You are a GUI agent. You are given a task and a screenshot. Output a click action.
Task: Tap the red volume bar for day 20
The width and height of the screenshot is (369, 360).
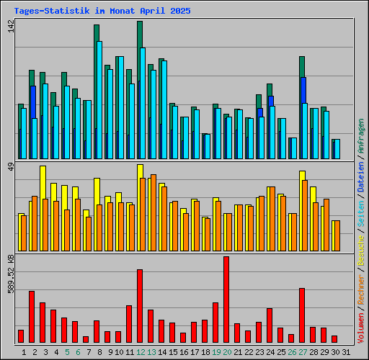tap(226, 299)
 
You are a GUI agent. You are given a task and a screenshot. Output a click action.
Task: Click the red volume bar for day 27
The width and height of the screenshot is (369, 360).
tap(302, 315)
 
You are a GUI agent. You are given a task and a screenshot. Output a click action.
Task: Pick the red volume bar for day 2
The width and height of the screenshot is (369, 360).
tap(32, 316)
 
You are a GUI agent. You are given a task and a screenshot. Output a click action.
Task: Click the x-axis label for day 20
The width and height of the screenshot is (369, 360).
tap(227, 352)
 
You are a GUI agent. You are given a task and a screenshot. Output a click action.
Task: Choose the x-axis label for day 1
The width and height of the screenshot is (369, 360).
tap(24, 352)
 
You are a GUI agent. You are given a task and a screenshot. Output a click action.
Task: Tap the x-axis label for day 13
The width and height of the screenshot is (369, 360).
tap(151, 352)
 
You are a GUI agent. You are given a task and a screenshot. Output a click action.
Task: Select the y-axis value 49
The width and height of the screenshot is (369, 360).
tap(10, 168)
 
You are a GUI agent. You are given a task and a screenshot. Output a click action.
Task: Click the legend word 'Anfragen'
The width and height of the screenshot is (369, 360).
tap(361, 137)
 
